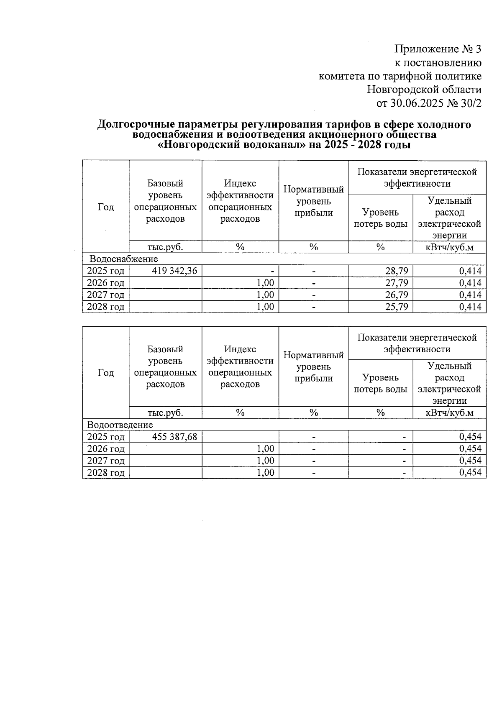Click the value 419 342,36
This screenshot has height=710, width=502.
[174, 271]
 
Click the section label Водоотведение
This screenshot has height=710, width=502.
[120, 425]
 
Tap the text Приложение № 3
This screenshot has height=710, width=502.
[438, 49]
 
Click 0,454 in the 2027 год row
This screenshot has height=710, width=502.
[470, 461]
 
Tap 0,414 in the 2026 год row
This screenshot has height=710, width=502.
[470, 283]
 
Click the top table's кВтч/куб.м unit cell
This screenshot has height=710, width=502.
[449, 247]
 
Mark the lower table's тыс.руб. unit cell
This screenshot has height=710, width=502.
[165, 413]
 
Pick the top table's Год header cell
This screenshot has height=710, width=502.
[105, 207]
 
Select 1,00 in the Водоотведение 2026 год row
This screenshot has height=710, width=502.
[265, 449]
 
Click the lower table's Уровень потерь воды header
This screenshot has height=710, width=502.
[380, 383]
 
